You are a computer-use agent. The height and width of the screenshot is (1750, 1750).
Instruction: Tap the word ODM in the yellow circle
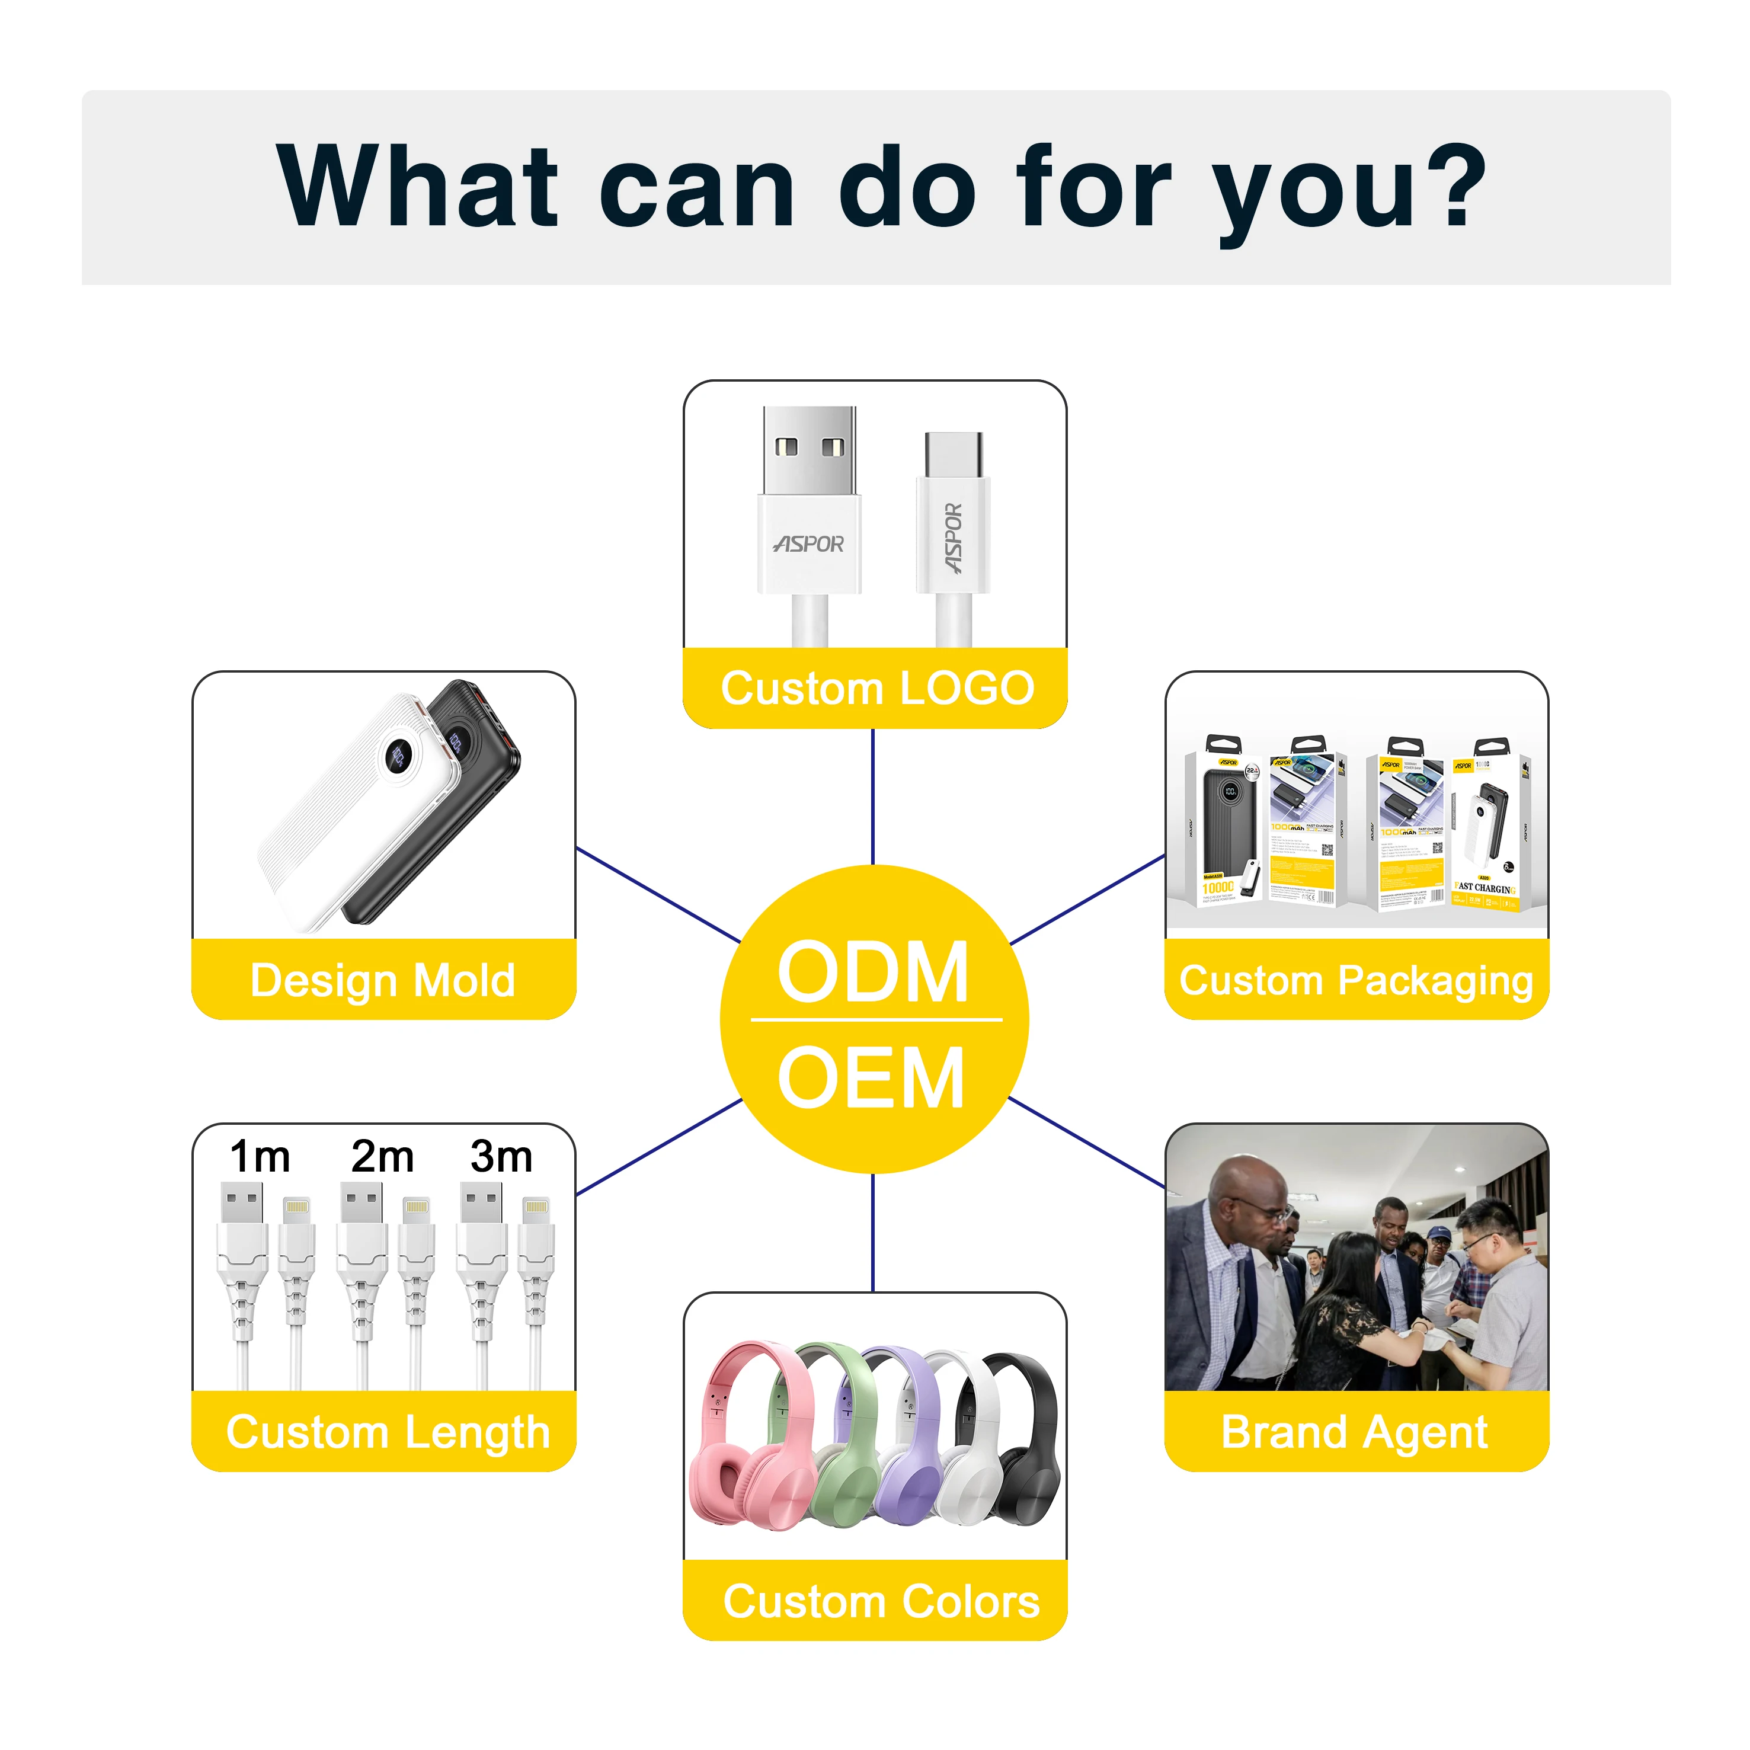873,972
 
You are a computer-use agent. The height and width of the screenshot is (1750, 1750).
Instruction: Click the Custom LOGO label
877,689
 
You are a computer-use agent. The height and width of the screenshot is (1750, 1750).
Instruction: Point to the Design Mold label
383,980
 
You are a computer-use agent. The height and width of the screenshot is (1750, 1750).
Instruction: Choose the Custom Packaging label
1356,980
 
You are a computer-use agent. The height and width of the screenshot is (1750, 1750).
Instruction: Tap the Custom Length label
388,1432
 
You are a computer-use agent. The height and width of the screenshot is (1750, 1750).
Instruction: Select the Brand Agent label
1354,1432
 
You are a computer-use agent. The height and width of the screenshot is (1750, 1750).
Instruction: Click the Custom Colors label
881,1601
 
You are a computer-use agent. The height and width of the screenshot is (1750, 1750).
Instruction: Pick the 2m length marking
382,1157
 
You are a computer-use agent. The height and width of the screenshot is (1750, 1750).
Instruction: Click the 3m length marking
501,1157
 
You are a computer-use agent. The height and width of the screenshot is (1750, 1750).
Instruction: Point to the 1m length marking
260,1157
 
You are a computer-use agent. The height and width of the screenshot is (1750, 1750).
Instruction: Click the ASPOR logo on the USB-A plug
809,543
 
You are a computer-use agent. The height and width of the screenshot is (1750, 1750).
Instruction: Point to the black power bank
453,815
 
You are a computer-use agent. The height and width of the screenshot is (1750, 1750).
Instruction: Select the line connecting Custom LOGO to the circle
872,797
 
